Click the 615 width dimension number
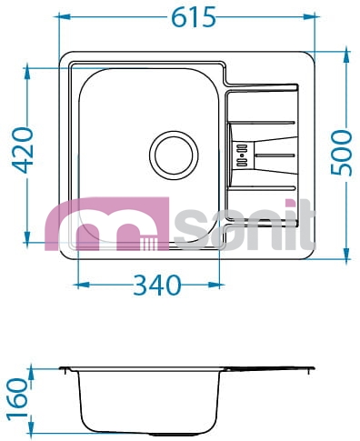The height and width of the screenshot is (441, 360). coord(194,17)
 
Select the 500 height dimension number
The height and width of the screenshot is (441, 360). coord(341,153)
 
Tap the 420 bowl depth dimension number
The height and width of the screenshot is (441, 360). coord(22,150)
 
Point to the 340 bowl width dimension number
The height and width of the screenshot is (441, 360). coord(157,286)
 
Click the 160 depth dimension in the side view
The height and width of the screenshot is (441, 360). coord(17,399)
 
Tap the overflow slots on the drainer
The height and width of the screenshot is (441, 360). coord(242,155)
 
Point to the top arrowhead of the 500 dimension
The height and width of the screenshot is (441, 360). coord(346,57)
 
